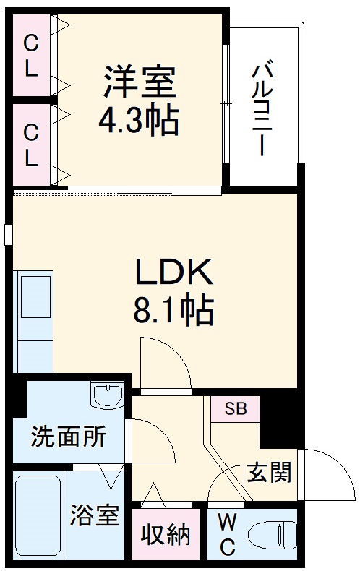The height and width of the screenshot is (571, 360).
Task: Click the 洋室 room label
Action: [139, 82]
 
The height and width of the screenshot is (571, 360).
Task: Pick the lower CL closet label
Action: [30, 145]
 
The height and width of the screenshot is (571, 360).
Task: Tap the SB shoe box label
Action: [235, 409]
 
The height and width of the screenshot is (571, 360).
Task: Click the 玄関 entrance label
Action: [270, 473]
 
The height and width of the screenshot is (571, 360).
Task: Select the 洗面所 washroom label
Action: [68, 437]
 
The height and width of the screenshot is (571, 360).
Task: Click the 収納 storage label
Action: [166, 536]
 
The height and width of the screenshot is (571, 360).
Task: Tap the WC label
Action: [226, 534]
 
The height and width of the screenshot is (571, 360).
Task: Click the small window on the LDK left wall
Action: [9, 235]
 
